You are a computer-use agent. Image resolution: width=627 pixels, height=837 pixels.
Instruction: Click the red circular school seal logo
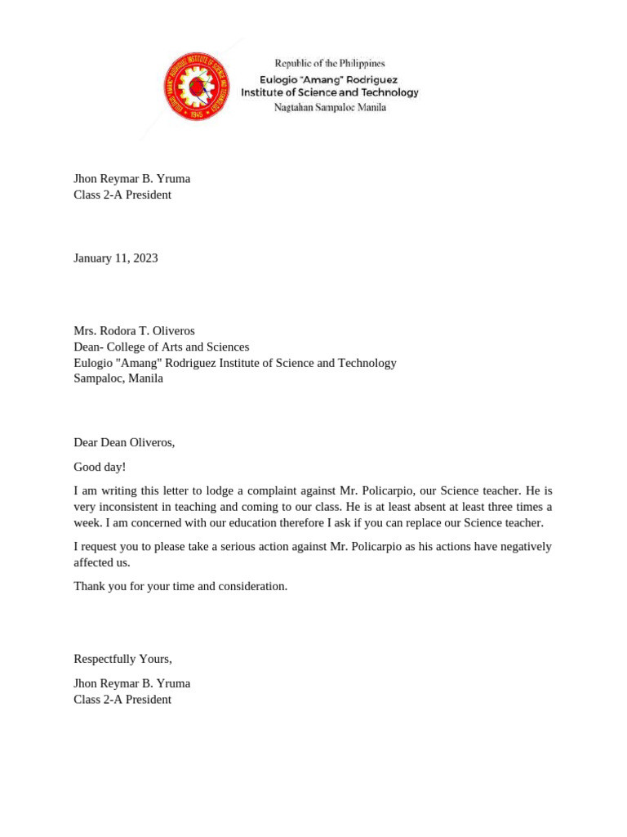click(196, 87)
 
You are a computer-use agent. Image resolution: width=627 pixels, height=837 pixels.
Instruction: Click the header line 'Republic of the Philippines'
click(329, 63)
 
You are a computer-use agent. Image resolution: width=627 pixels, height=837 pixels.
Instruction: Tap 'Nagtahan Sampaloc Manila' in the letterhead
click(330, 107)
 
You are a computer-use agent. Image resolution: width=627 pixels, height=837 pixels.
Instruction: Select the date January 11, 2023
click(115, 258)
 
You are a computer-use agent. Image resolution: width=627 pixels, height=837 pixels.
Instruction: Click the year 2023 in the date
click(145, 258)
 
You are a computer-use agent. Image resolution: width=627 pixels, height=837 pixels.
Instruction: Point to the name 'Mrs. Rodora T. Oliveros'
click(134, 331)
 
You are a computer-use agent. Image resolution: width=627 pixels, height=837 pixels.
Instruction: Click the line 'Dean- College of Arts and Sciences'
click(161, 347)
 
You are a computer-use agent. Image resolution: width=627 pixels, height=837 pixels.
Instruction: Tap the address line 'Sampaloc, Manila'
click(118, 378)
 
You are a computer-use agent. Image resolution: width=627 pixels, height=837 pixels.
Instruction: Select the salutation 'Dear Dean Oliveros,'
click(124, 442)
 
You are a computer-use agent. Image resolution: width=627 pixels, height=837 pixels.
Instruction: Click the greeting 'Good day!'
click(100, 467)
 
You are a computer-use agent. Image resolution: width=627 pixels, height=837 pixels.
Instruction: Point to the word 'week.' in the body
click(87, 523)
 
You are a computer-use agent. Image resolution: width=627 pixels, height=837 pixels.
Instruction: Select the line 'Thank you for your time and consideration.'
click(180, 586)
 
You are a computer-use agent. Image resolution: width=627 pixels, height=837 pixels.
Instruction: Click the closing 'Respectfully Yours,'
click(122, 659)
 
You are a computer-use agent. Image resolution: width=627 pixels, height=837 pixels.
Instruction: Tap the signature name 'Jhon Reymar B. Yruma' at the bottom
click(131, 683)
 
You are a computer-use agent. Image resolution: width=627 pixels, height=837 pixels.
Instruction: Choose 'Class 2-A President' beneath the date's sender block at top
click(122, 195)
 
